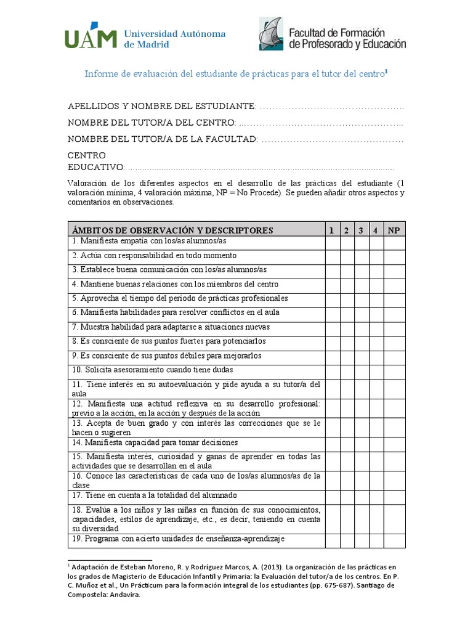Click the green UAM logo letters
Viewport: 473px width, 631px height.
click(91, 35)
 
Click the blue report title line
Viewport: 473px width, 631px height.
click(236, 74)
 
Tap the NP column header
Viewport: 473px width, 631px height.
click(394, 230)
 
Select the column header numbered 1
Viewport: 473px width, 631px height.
click(331, 230)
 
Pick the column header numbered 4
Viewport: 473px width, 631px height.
click(376, 230)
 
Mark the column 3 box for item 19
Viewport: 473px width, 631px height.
click(362, 540)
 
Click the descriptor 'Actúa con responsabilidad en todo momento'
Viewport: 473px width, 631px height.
click(154, 256)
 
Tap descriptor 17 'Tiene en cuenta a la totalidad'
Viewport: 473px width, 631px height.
click(154, 495)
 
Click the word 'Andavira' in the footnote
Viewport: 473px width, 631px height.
click(124, 595)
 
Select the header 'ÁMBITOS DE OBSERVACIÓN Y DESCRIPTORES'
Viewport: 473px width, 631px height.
click(172, 230)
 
